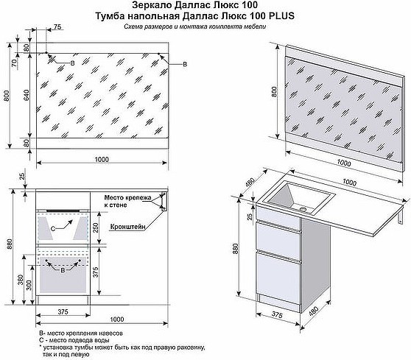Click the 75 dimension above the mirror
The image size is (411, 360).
pyautogui.click(x=57, y=27)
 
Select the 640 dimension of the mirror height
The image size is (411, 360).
pyautogui.click(x=27, y=96)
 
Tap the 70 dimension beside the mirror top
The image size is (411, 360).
pyautogui.click(x=14, y=63)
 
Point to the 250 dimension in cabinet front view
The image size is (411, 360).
pyautogui.click(x=96, y=227)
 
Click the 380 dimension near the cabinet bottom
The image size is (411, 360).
pyautogui.click(x=21, y=280)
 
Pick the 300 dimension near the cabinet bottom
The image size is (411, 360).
pyautogui.click(x=29, y=285)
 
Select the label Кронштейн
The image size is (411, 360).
pyautogui.click(x=127, y=227)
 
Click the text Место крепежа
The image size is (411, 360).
pyautogui.click(x=127, y=197)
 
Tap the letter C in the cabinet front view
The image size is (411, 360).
pyautogui.click(x=53, y=229)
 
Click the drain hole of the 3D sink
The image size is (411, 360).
pyautogui.click(x=303, y=209)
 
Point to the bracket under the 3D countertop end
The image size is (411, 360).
pyautogui.click(x=400, y=216)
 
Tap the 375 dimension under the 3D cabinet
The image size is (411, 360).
pyautogui.click(x=277, y=314)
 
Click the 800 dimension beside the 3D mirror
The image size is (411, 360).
pyautogui.click(x=274, y=92)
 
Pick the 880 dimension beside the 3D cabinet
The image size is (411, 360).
pyautogui.click(x=235, y=248)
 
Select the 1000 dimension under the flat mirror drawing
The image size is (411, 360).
pyautogui.click(x=102, y=159)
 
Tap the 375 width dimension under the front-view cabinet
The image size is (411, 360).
pyautogui.click(x=63, y=312)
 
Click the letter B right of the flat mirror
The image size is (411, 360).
pyautogui.click(x=185, y=64)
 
